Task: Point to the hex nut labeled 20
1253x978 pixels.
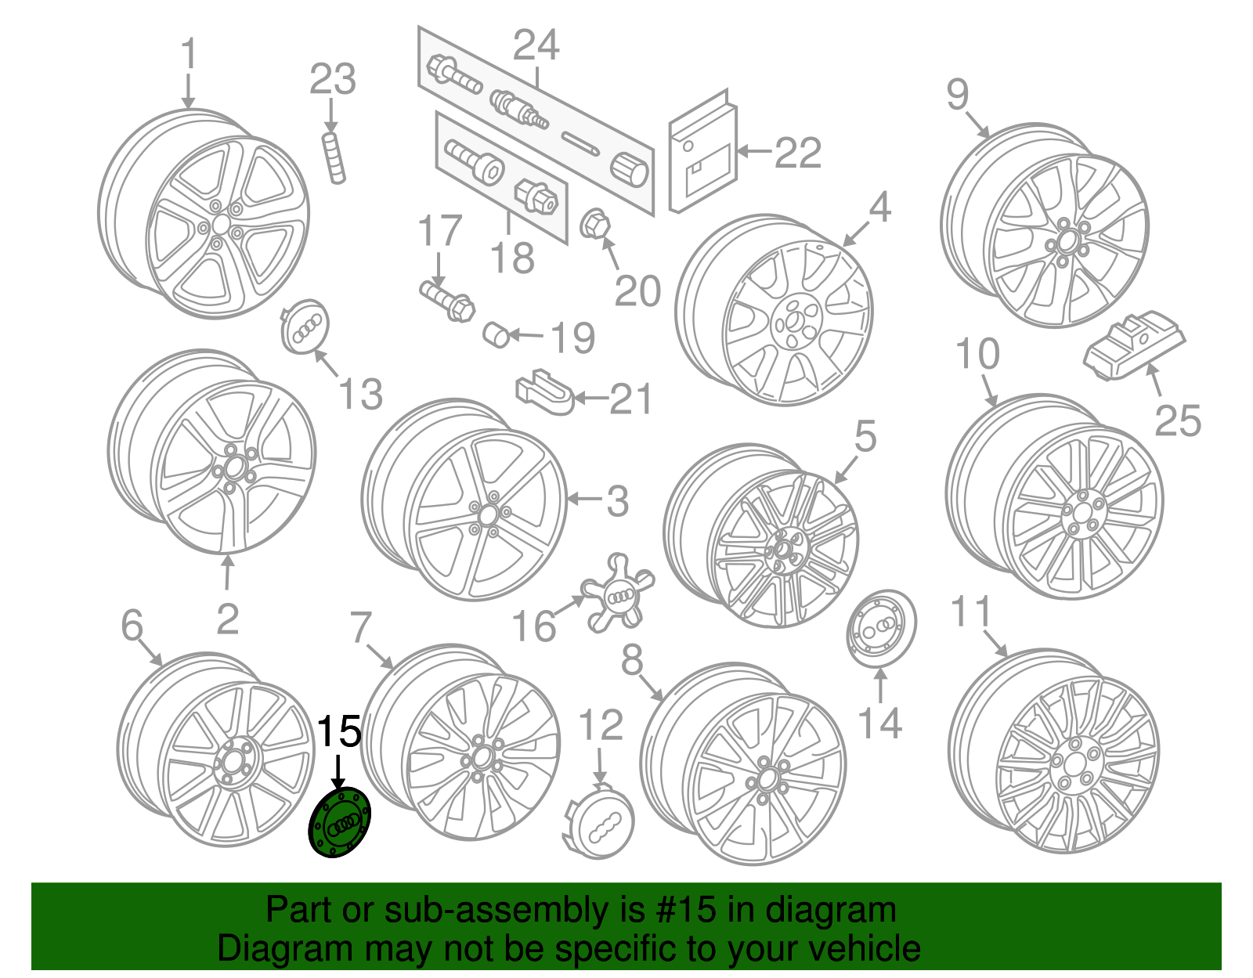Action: tap(594, 225)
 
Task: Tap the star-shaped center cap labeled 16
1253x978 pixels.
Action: tap(618, 594)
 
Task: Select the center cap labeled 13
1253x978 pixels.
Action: tap(304, 327)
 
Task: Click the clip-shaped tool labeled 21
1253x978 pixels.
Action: tap(544, 391)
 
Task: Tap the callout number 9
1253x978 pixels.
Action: tap(957, 95)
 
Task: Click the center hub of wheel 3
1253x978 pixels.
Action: tap(486, 514)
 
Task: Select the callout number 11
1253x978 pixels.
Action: tap(971, 612)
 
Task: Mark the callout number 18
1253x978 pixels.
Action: tap(512, 258)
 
